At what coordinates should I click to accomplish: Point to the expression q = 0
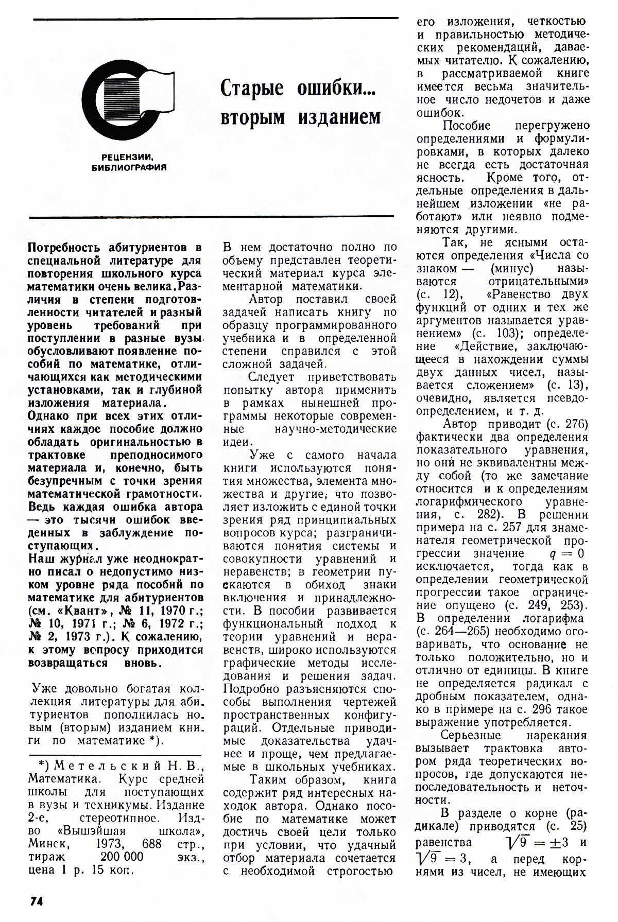[x=567, y=554]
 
